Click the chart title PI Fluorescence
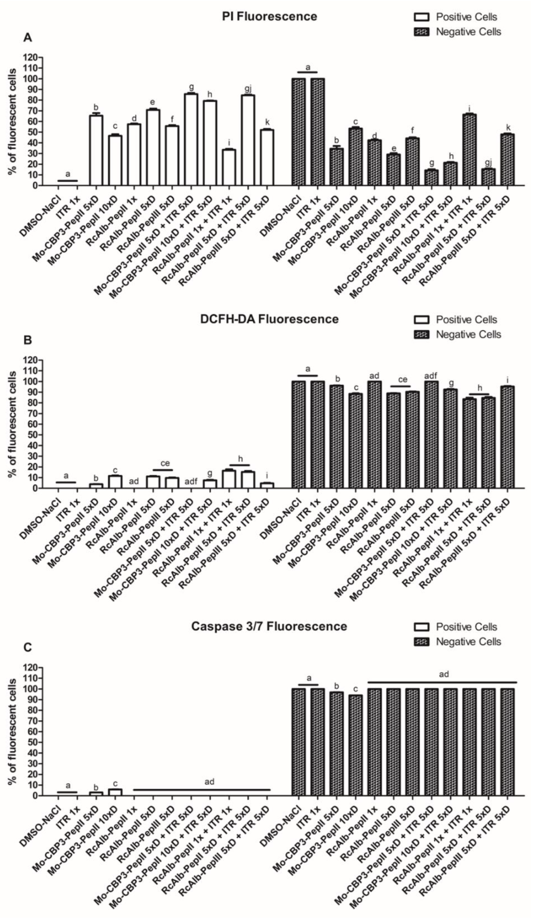point(269,16)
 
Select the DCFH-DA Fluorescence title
point(269,319)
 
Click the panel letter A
point(27,38)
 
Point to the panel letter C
point(27,648)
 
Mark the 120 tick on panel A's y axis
point(32,57)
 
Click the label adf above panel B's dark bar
point(431,376)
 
